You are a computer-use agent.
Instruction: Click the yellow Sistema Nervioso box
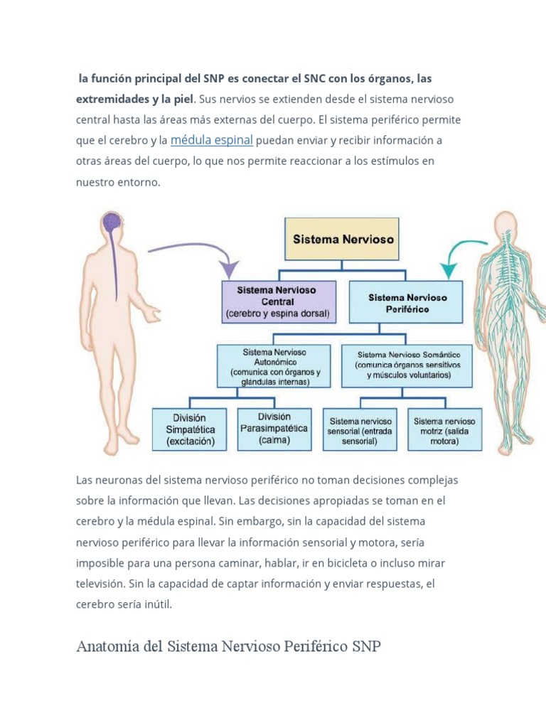(342, 239)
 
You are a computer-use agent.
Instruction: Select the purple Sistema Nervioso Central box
(279, 301)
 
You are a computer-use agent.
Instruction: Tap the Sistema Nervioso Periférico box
(406, 301)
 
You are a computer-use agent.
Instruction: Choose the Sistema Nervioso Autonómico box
(274, 366)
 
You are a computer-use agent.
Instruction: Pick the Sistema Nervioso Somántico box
(407, 366)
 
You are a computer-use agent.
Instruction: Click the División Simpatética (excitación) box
(189, 429)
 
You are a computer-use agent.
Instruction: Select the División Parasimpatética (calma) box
(274, 429)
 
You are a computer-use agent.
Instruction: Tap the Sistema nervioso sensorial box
(360, 429)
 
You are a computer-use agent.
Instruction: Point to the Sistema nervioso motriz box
(445, 429)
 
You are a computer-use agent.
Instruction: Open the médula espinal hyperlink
(212, 140)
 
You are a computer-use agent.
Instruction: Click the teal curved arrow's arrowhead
(449, 269)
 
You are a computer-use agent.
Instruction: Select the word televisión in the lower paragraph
(100, 584)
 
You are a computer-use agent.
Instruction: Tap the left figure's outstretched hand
(151, 315)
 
